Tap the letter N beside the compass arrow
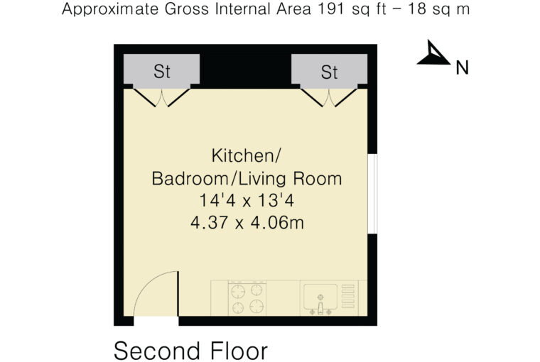pos(462,68)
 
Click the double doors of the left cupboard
pos(161,97)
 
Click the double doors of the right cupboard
pos(329,97)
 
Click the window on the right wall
pos(372,194)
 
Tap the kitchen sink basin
pos(320,296)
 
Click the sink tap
pos(320,309)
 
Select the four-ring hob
pos(247,298)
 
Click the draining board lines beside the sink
pos(348,296)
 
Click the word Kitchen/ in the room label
pos(247,156)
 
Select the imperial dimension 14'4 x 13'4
pos(247,200)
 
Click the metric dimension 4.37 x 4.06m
pos(247,223)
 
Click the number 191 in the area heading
pos(331,9)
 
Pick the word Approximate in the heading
pos(110,10)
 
